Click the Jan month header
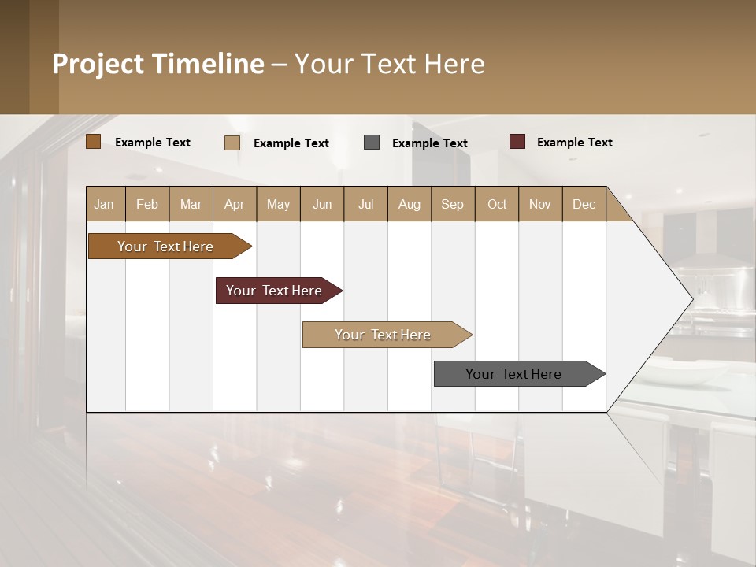pos(105,204)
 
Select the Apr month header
pos(235,204)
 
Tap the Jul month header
pos(365,204)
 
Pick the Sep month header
pos(453,204)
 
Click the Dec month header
pos(584,204)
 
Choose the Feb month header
pos(147,204)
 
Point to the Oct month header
pos(497,204)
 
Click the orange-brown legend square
pos(94,142)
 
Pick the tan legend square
pos(232,143)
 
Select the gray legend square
pos(372,143)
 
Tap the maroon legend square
pos(517,142)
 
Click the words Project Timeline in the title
pos(158,64)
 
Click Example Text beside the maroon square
pos(574,143)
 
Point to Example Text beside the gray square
pos(429,143)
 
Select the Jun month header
pos(322,204)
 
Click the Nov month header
pos(540,204)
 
